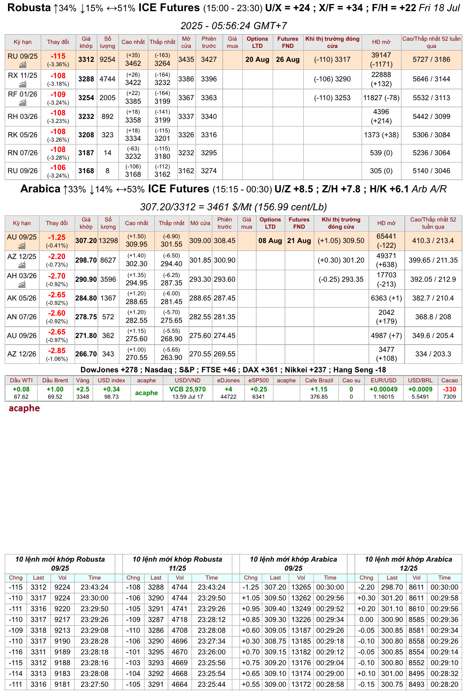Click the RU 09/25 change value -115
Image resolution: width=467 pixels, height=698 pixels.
click(x=58, y=56)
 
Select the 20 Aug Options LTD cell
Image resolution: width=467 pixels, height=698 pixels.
click(x=257, y=59)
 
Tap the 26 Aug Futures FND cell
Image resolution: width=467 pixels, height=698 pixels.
click(x=287, y=59)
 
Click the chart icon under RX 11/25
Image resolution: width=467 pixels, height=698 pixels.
click(x=23, y=84)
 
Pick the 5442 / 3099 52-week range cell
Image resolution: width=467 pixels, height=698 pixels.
click(x=431, y=117)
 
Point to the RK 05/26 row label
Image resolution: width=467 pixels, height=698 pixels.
click(x=22, y=135)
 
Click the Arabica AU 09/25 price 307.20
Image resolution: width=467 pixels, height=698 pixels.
click(x=86, y=241)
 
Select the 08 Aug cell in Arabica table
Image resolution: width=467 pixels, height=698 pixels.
click(x=270, y=241)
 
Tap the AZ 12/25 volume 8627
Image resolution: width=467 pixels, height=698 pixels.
click(x=108, y=260)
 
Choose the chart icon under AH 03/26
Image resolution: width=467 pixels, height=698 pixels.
click(x=22, y=285)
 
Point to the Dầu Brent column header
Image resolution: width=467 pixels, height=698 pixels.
click(x=55, y=380)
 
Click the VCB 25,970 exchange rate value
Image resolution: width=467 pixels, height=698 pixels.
click(x=188, y=389)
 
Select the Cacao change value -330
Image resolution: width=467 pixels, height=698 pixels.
click(x=449, y=389)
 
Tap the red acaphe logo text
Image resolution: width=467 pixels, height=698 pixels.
click(x=24, y=408)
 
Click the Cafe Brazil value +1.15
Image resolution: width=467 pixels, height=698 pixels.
click(x=319, y=389)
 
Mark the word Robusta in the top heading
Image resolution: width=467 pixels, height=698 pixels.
click(x=29, y=8)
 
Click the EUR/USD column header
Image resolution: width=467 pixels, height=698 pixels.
click(x=383, y=380)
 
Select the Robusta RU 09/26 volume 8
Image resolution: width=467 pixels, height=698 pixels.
click(x=107, y=171)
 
